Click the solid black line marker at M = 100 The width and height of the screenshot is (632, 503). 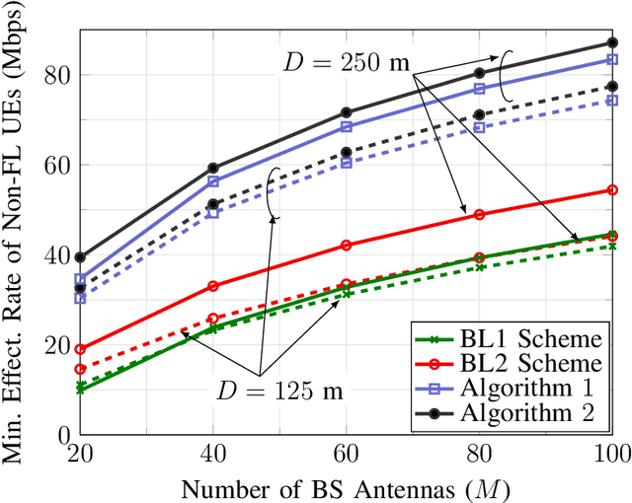pyautogui.click(x=611, y=43)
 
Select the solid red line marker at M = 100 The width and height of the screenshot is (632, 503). pyautogui.click(x=611, y=190)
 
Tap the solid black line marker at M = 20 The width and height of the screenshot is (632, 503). pyautogui.click(x=80, y=257)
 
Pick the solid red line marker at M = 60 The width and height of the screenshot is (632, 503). pyautogui.click(x=346, y=246)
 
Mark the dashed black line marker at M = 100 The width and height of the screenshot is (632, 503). pyautogui.click(x=611, y=87)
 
